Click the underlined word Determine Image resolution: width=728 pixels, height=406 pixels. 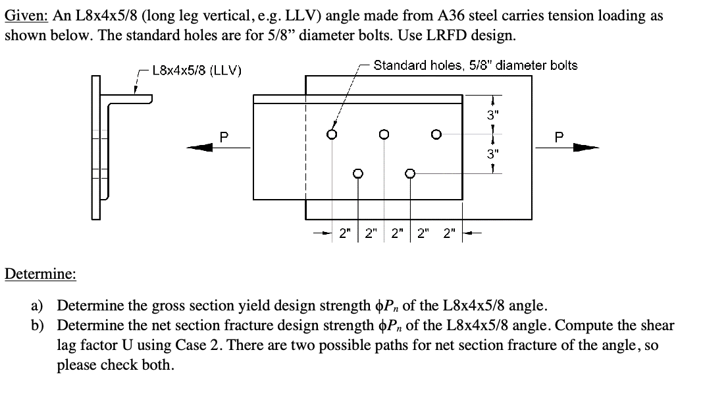click(x=40, y=274)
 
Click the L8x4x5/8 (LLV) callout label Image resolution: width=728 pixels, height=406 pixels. click(x=197, y=70)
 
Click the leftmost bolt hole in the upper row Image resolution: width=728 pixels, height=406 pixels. click(x=332, y=134)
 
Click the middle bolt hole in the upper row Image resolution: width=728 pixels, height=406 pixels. click(x=384, y=134)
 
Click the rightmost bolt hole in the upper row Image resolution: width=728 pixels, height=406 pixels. click(x=435, y=134)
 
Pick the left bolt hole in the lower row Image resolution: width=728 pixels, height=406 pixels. click(x=358, y=174)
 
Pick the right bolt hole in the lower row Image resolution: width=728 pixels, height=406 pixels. click(x=409, y=174)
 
